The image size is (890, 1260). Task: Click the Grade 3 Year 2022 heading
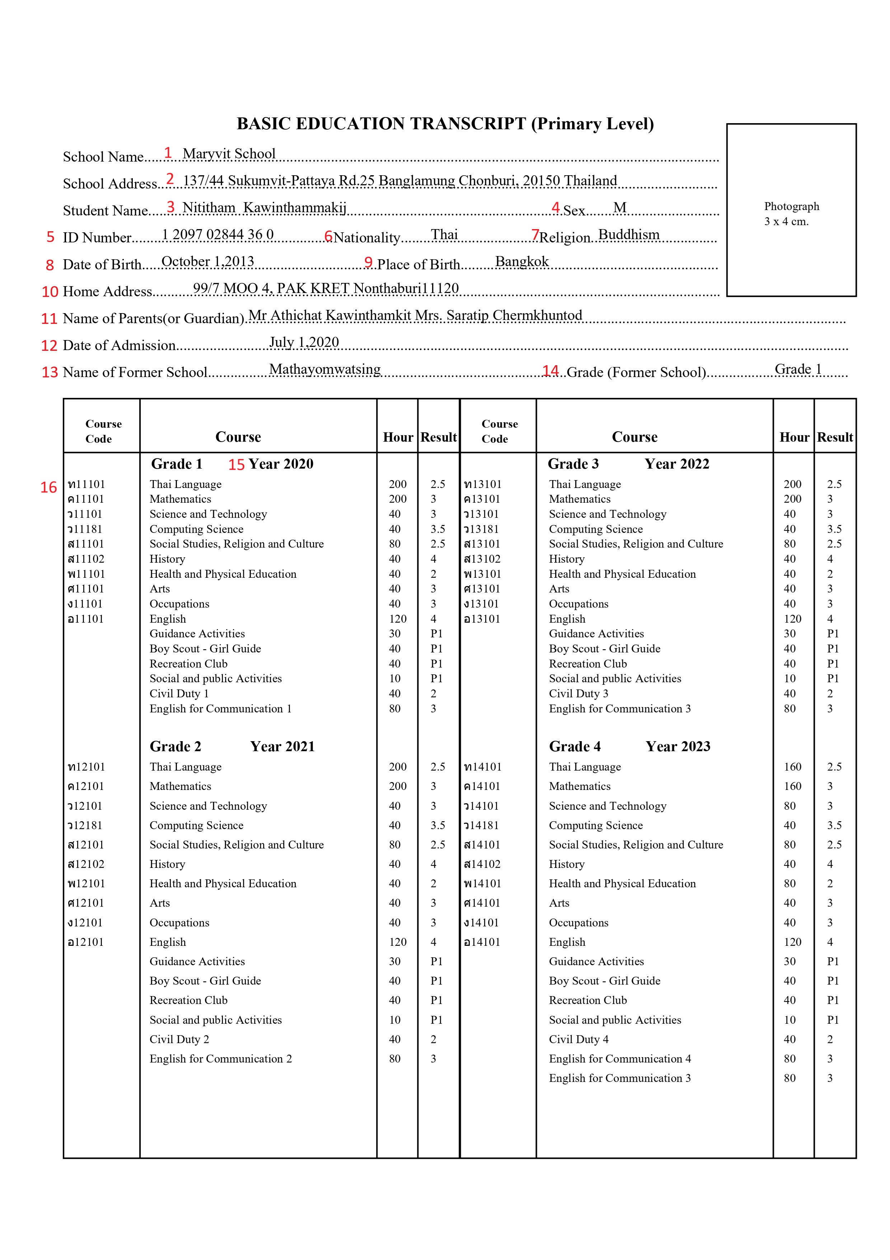[628, 464]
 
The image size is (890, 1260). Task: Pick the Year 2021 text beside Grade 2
[282, 747]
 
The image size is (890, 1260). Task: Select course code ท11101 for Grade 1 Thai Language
[86, 484]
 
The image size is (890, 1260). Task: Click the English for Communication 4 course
[620, 1059]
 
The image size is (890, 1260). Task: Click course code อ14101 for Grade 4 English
[482, 942]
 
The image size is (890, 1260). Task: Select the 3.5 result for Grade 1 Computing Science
[437, 529]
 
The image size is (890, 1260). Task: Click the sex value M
[620, 208]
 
